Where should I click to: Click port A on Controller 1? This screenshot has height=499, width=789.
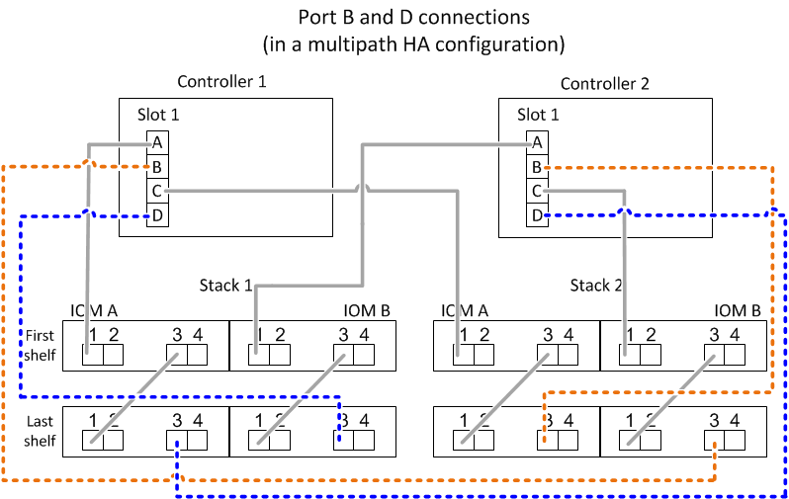[x=157, y=142]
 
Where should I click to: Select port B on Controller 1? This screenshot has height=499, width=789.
[x=157, y=166]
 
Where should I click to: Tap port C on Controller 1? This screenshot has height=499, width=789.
[x=157, y=190]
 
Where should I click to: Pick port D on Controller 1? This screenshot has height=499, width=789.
[x=157, y=213]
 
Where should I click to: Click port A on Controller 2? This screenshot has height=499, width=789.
[x=537, y=142]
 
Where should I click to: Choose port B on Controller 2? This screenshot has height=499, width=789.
[x=537, y=166]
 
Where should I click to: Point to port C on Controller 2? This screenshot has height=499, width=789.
[x=537, y=190]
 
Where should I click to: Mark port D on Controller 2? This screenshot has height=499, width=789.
[x=537, y=213]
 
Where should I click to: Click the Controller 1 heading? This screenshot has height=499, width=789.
[x=221, y=82]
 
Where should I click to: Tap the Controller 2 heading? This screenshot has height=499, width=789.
[x=605, y=84]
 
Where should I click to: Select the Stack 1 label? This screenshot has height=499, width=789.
[x=225, y=286]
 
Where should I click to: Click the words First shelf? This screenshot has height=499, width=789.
[x=40, y=345]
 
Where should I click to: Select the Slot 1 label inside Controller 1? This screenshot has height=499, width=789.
[x=158, y=115]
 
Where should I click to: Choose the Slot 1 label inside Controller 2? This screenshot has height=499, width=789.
[x=538, y=115]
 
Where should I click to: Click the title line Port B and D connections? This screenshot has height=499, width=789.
[x=413, y=18]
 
